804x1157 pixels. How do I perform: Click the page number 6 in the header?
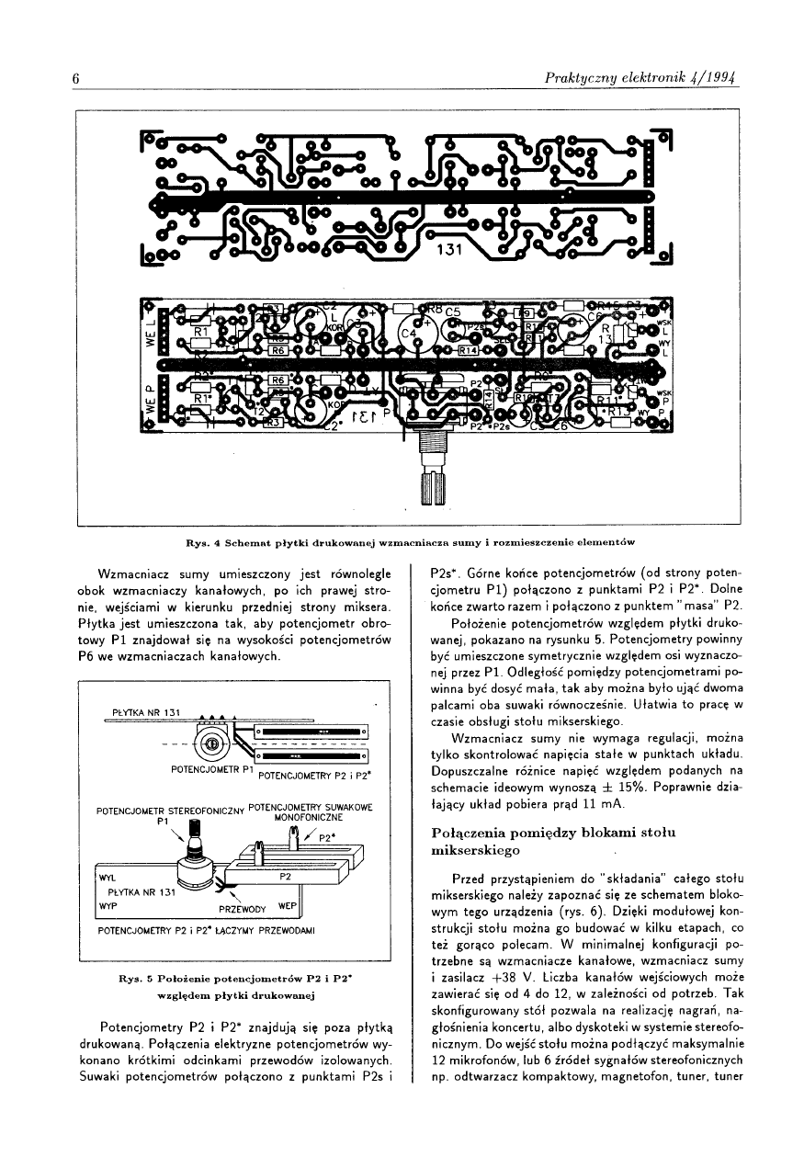point(77,78)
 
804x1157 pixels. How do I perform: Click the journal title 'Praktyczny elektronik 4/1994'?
point(642,78)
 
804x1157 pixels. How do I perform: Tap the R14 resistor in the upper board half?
point(469,350)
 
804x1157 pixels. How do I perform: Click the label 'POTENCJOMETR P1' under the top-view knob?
point(212,767)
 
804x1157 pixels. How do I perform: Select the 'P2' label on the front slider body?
point(284,876)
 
